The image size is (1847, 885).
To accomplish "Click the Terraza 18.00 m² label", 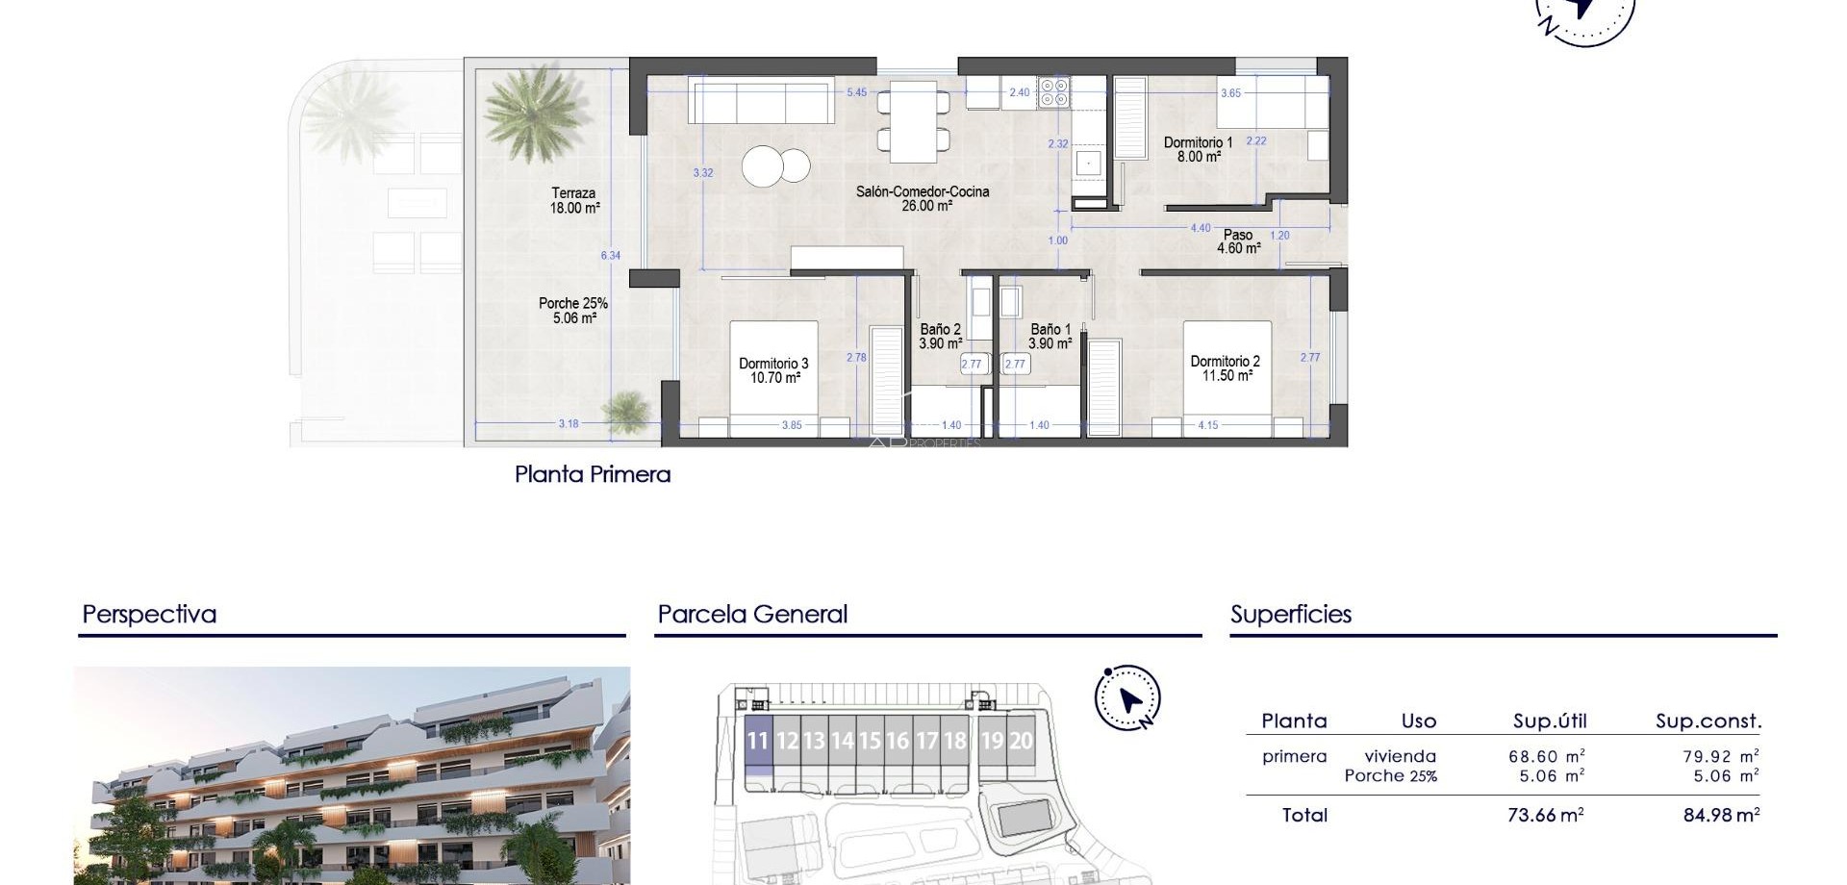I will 575,200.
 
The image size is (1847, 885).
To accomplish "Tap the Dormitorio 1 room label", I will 1198,149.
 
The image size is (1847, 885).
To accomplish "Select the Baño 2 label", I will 940,336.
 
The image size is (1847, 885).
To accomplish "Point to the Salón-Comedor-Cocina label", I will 923,198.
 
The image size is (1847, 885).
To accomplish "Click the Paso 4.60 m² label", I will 1238,241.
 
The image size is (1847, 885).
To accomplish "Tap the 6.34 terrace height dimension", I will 611,256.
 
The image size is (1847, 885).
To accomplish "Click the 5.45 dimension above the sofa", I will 856,93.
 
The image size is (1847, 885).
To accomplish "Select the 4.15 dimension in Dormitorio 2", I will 1208,425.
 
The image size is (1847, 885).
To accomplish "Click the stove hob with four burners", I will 1053,92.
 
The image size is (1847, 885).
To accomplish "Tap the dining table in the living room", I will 913,121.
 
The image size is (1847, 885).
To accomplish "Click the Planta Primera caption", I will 593,474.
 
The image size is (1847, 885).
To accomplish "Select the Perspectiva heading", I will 149,615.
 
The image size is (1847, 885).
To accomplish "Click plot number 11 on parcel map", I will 758,742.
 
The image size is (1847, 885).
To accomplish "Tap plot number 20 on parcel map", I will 1020,742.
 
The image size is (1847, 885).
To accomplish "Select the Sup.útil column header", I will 1549,721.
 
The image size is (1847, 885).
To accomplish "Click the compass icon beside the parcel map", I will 1127,697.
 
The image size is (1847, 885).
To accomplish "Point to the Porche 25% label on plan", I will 573,311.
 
